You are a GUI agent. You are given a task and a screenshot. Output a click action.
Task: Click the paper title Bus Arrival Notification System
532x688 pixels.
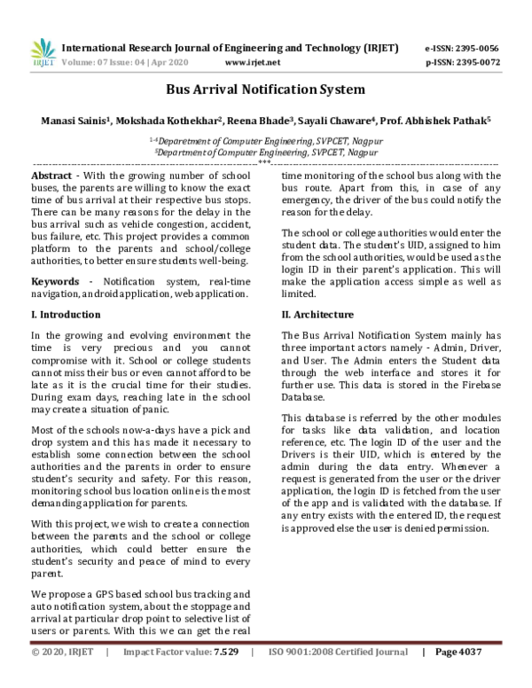[266, 90]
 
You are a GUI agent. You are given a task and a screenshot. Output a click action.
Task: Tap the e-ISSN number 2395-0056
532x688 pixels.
[479, 48]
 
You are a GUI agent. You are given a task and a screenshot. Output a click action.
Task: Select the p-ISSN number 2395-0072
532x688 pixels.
[479, 63]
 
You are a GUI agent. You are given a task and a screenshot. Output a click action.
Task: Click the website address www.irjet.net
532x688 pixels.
[253, 63]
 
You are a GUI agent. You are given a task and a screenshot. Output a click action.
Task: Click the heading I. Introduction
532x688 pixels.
[66, 315]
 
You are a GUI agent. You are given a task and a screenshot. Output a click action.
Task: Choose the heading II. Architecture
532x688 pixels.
[317, 315]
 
